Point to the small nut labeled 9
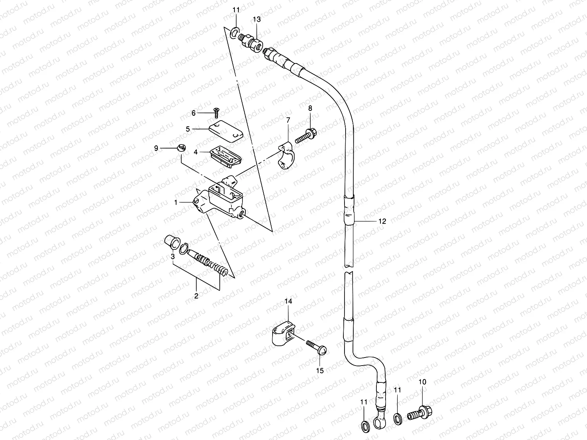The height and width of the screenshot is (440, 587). tap(181, 148)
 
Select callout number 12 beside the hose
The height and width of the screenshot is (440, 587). tap(382, 221)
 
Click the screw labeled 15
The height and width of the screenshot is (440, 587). tap(316, 346)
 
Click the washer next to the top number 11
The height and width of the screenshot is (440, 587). tap(234, 33)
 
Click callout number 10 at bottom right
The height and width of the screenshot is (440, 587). tap(422, 382)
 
